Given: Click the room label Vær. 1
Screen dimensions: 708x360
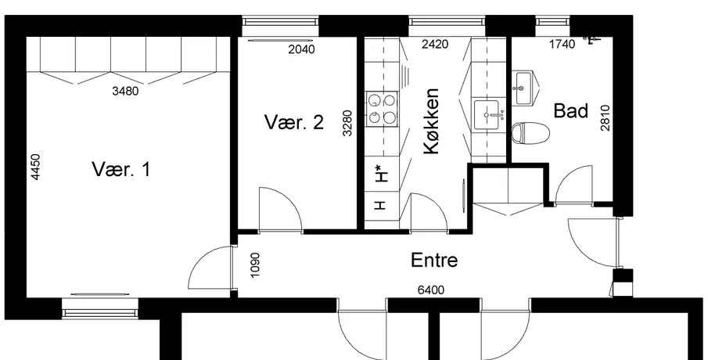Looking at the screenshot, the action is coord(121,169).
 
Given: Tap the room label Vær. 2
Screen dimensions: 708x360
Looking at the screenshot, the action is coord(294,122).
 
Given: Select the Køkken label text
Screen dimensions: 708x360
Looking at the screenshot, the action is coord(432,121).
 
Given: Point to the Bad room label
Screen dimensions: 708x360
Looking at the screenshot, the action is coord(571,110).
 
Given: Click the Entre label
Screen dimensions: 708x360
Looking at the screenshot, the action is coord(434,260).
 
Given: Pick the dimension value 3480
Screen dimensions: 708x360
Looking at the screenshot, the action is coord(125,92).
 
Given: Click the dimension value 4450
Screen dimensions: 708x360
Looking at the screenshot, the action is coord(35,167).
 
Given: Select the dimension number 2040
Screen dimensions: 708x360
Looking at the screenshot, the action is coord(301,49).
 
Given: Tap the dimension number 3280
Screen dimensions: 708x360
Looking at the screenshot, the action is coord(347,123).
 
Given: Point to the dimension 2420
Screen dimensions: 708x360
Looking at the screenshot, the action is coord(435,45).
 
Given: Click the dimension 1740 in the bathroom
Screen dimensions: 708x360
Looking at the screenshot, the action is coord(562,45).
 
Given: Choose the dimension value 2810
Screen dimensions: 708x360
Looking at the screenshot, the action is coord(605,118).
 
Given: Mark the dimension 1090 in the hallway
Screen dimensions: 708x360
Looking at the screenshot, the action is coord(255,265).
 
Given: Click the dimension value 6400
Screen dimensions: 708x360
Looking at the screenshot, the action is coord(431,290).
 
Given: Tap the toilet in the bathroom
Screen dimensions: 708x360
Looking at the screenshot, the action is coord(530,133).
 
